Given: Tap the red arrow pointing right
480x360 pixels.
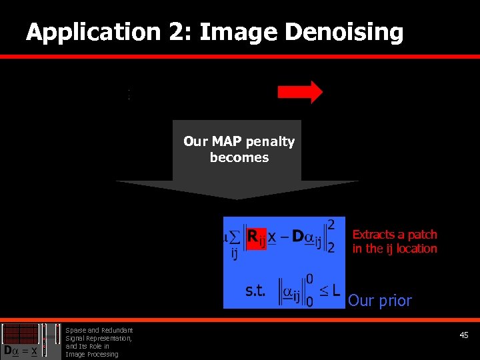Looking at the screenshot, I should (299, 92).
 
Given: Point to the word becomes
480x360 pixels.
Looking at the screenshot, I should (239, 157).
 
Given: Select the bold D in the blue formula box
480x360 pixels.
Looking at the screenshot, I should (299, 236).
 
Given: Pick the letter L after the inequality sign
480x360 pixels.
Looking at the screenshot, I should (335, 291).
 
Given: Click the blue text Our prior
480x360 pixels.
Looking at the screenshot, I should (379, 301).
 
